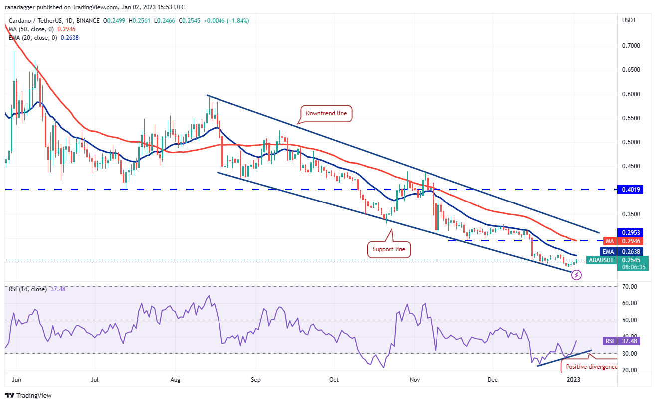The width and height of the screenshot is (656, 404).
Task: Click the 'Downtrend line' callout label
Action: coord(327,114)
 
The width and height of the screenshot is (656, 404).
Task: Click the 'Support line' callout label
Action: coord(389,248)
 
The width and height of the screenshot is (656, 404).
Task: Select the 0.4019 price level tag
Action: coord(630,190)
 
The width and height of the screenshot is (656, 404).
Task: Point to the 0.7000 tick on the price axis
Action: coord(631,46)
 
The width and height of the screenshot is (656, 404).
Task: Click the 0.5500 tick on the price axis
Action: coord(631,118)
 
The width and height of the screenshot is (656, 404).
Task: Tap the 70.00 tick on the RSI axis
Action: coord(629,287)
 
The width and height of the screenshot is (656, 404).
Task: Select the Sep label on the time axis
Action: coord(255,380)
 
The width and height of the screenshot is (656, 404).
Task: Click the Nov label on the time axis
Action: coord(414,380)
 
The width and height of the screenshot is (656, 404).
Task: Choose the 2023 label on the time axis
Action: coord(573,380)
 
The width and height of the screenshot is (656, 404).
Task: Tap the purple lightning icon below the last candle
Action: coord(576,275)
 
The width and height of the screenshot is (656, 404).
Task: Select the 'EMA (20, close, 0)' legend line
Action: coord(32,37)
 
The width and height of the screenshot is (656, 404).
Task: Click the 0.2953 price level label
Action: coord(630,232)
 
